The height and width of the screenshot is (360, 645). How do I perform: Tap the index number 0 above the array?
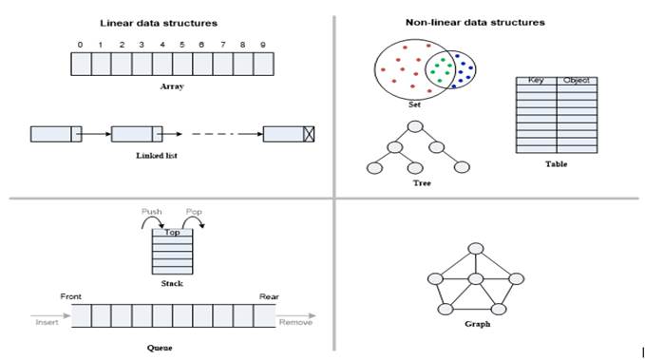pyautogui.click(x=81, y=45)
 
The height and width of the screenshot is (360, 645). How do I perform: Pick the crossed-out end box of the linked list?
pyautogui.click(x=309, y=134)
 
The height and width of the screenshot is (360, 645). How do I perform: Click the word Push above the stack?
pyautogui.click(x=152, y=211)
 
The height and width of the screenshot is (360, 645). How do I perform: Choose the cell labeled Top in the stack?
pyautogui.click(x=173, y=232)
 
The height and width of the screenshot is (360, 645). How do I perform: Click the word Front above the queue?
pyautogui.click(x=72, y=295)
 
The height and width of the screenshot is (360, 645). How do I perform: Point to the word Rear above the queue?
pyautogui.click(x=269, y=295)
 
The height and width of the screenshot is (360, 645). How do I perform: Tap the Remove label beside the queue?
pyautogui.click(x=295, y=323)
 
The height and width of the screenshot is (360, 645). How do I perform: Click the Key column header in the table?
pyautogui.click(x=534, y=81)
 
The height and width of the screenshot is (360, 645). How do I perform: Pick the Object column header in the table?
pyautogui.click(x=576, y=81)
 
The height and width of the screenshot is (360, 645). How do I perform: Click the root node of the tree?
pyautogui.click(x=414, y=126)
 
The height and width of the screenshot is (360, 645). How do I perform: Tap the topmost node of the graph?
pyautogui.click(x=474, y=248)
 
